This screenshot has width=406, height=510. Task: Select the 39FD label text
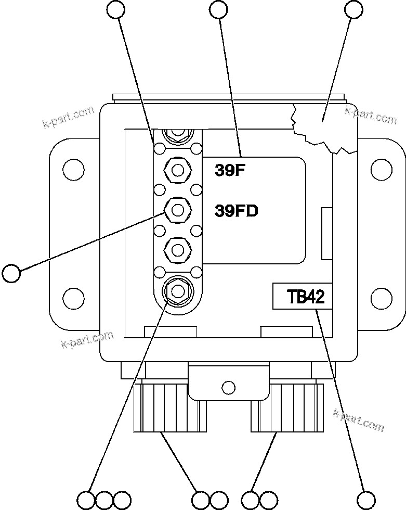237,211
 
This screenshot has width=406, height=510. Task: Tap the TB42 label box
302,297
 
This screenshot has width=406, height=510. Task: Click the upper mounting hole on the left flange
73,169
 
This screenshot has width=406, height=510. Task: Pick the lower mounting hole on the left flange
73,298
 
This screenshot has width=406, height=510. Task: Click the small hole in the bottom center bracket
228,387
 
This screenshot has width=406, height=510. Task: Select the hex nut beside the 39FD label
177,210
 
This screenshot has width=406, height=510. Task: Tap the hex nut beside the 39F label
177,170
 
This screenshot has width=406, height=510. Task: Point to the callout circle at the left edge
11,272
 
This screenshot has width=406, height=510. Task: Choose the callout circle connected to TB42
366,500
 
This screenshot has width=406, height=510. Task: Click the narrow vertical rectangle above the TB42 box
327,233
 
